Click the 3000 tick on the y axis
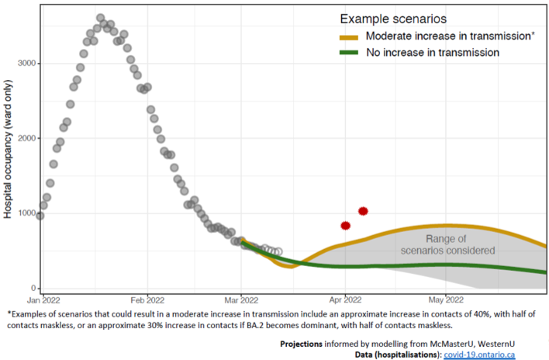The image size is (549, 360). click(26, 64)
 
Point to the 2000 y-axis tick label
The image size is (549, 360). click(26, 138)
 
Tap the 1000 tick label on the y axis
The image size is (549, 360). click(26, 213)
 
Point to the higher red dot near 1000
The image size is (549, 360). click(362, 211)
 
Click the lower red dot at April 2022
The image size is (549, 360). click(346, 226)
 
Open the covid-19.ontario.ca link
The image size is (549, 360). click(479, 355)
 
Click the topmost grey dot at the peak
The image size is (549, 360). click(101, 18)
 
